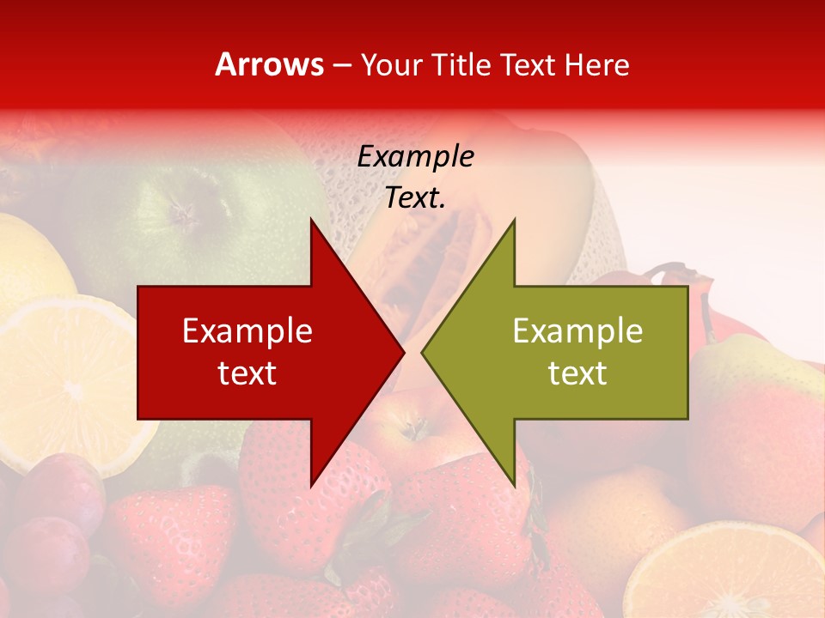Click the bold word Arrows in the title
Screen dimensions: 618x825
269,64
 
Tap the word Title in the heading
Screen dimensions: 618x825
460,64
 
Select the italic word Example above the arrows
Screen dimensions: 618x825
415,156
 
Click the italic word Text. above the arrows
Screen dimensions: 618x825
415,198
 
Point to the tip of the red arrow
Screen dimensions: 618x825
403,352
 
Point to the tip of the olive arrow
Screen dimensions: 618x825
423,352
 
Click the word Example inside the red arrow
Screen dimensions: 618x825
247,331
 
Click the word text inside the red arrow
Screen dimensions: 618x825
247,373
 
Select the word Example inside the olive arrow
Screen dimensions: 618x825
577,331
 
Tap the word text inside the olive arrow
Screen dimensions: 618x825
577,373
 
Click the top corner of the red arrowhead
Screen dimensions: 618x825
311,220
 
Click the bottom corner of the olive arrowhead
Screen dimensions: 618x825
514,485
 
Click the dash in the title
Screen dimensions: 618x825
341,64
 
